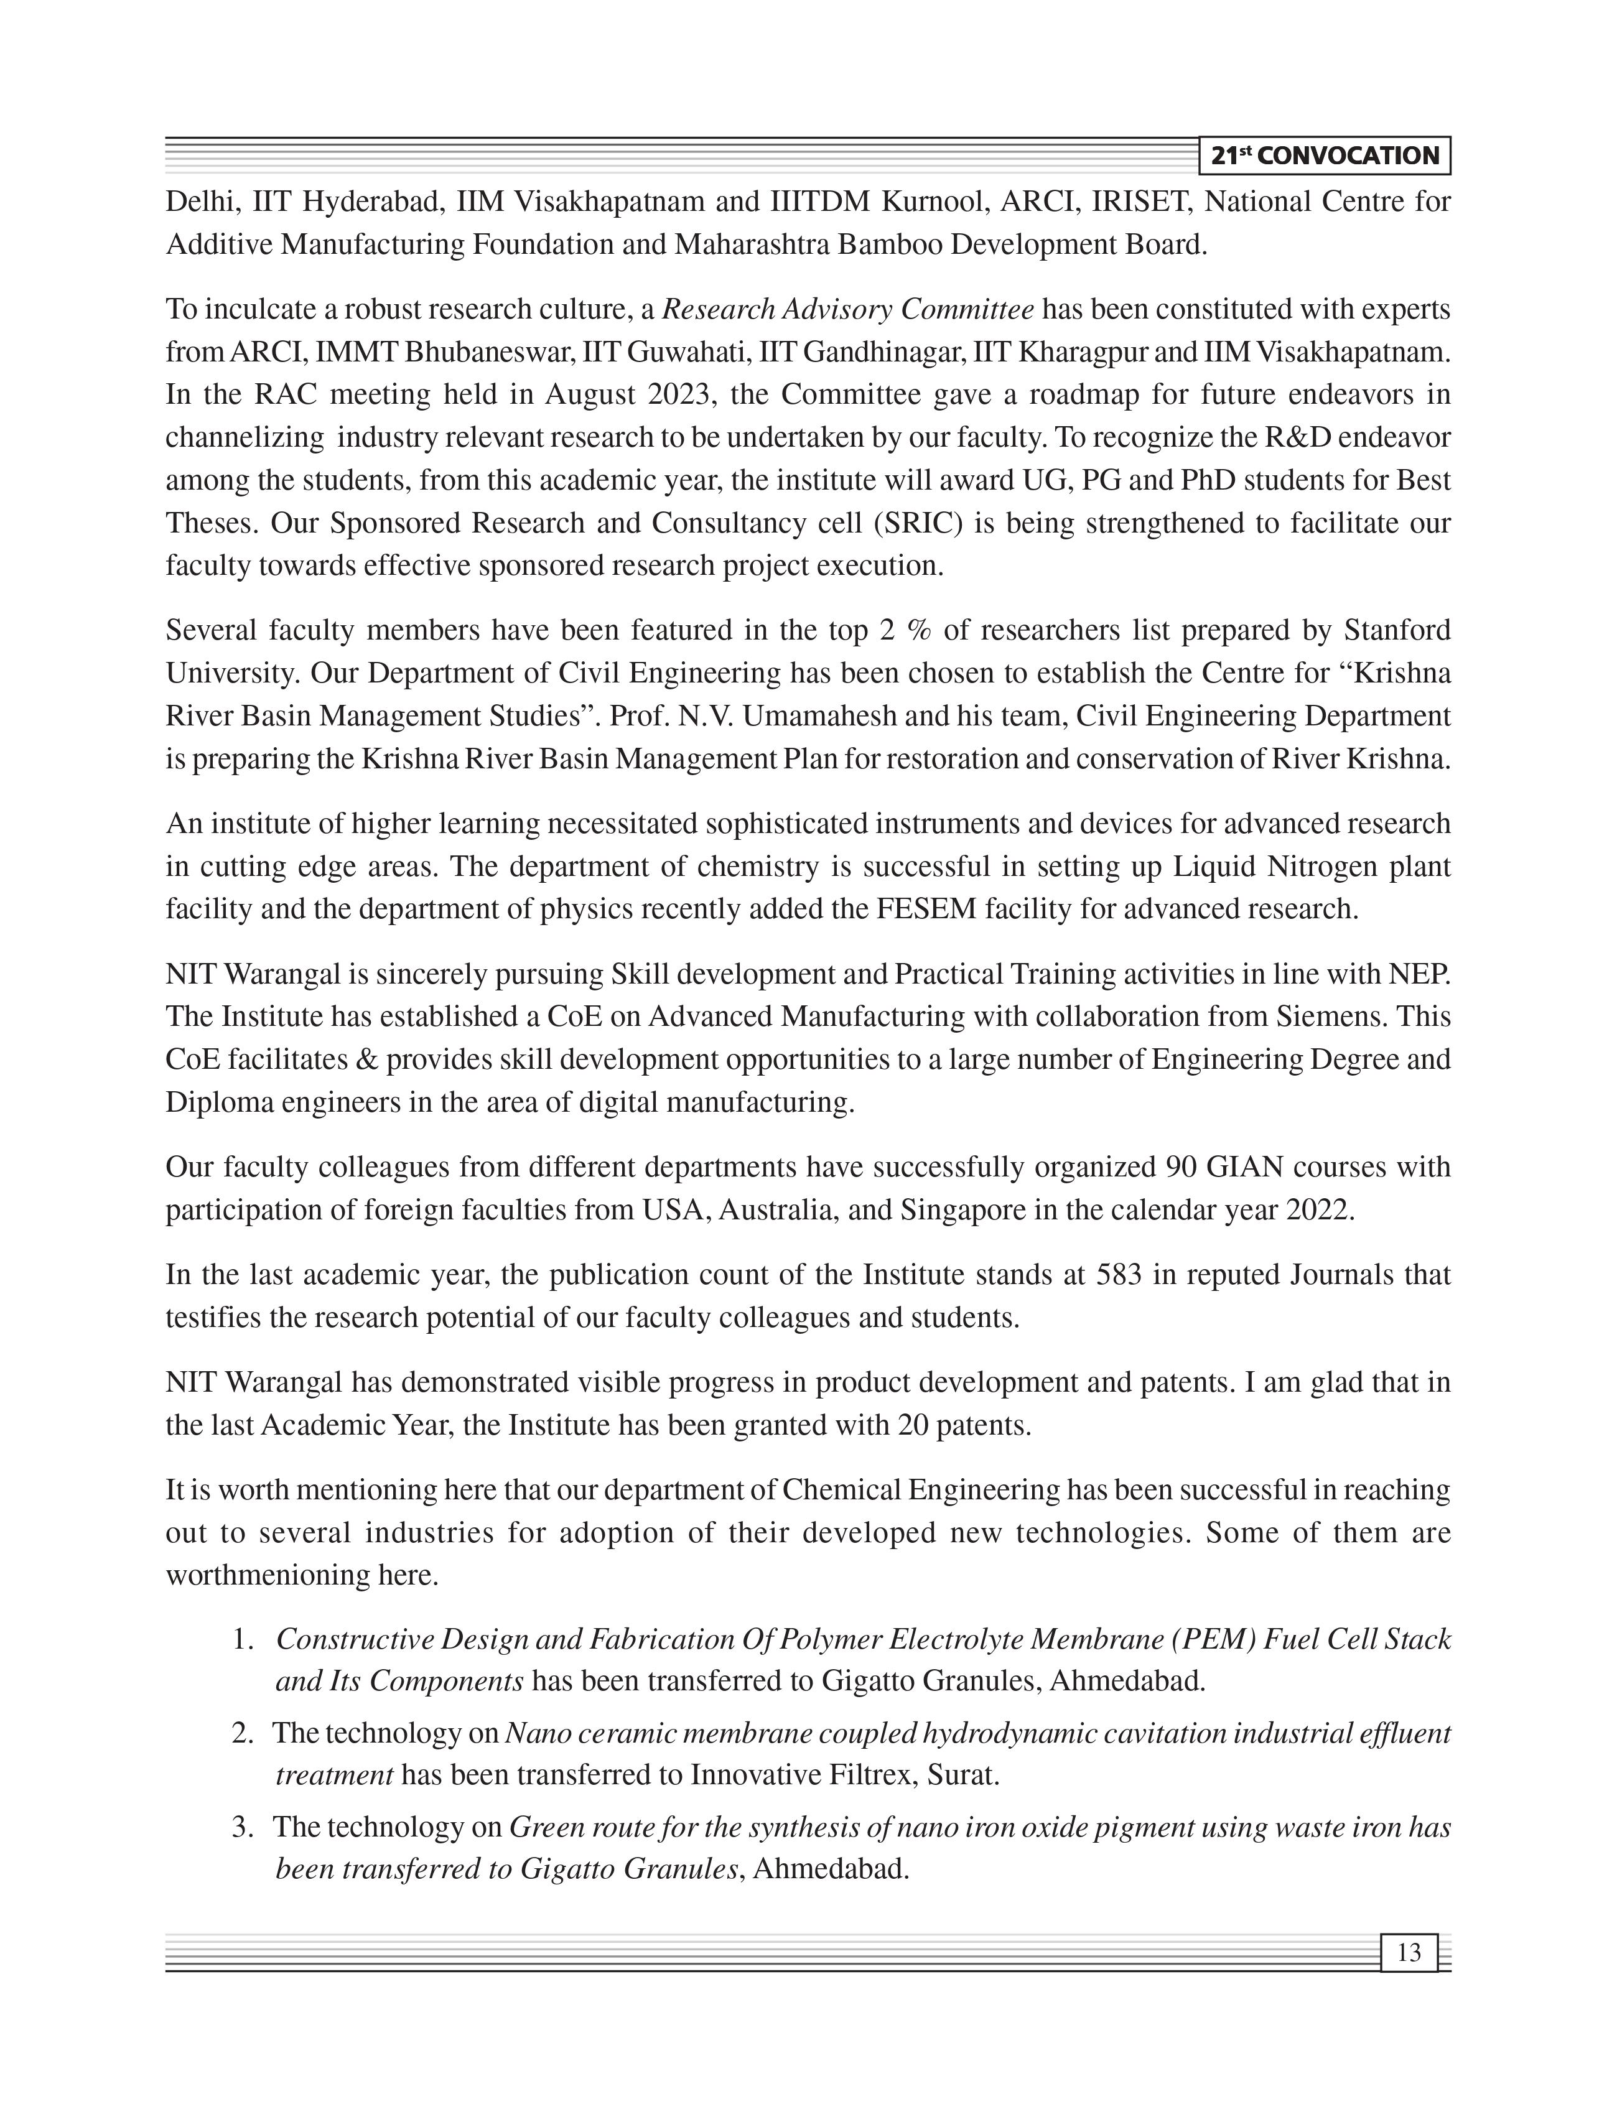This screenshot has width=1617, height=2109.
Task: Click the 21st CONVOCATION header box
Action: tap(1325, 156)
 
